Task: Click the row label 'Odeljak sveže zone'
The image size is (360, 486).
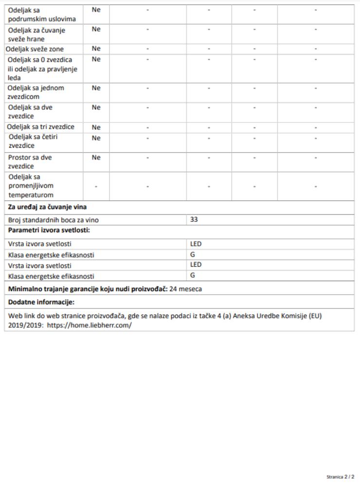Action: (x=35, y=49)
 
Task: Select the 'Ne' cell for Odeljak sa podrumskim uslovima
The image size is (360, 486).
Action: (x=96, y=10)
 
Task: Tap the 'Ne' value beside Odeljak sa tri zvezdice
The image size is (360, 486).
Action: (x=96, y=127)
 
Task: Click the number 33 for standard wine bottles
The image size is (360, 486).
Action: (x=194, y=220)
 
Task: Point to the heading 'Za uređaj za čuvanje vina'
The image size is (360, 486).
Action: (x=48, y=208)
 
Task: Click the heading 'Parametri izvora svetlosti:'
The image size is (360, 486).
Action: (x=50, y=230)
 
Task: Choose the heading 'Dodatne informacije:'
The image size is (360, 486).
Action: (x=41, y=302)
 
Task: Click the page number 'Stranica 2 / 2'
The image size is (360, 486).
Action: (x=340, y=477)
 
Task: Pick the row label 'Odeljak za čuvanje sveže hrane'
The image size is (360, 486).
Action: (x=36, y=35)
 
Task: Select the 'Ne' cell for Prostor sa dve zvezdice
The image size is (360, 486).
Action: (x=96, y=157)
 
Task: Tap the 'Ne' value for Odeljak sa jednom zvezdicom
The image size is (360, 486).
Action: (x=96, y=88)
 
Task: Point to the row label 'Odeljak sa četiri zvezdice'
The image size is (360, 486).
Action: (x=33, y=141)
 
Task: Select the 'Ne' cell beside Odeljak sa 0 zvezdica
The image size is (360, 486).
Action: (x=96, y=59)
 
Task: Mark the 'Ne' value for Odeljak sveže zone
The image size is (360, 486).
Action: (x=96, y=49)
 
